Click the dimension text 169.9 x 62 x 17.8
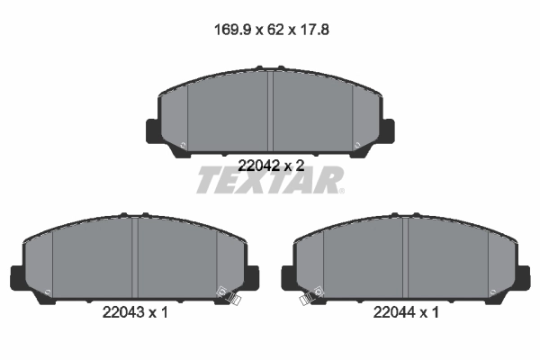(x=270, y=29)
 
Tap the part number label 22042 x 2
(x=270, y=165)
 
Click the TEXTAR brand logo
(x=270, y=181)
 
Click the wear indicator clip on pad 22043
(x=231, y=298)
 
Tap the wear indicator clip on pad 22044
(x=309, y=298)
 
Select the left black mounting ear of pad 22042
(x=152, y=130)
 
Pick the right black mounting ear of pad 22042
(x=388, y=130)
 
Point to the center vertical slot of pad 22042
(x=270, y=112)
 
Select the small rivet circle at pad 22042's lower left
(x=184, y=147)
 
